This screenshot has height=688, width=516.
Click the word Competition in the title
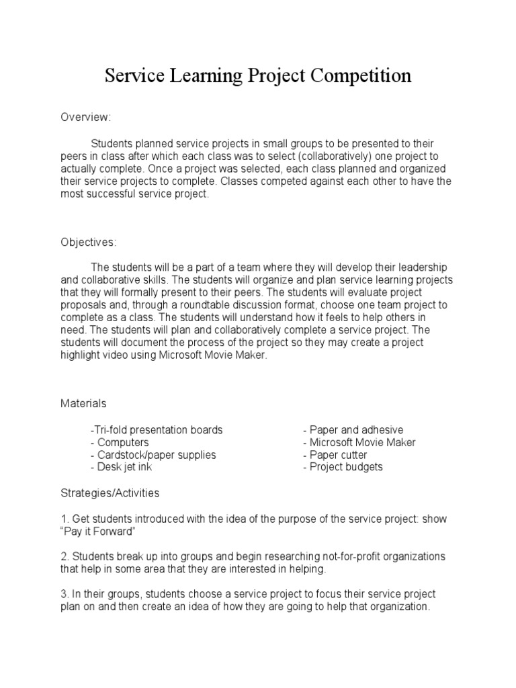coord(361,76)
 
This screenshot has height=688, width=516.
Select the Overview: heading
coord(85,118)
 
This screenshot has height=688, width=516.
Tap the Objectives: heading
coord(89,242)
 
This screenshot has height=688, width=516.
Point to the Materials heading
coord(83,404)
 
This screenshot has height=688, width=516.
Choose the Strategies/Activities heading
coord(110,493)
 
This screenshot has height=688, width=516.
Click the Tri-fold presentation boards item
coord(156,430)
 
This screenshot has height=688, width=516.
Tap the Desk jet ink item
coord(122,467)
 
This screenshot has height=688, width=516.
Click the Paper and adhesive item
coord(353,430)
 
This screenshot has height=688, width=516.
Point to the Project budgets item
coord(343,467)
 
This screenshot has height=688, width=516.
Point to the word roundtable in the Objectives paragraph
coord(209,305)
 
